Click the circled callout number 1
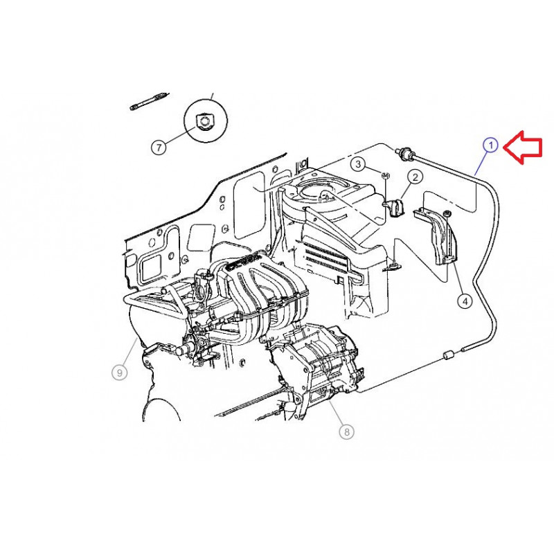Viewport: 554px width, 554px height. coord(490,145)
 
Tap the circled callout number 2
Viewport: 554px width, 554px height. coord(415,177)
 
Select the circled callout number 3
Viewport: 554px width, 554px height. coord(358,163)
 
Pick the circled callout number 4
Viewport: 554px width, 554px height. coord(465,301)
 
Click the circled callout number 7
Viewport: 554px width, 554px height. coord(159,147)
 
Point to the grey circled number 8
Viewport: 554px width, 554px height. coord(347,431)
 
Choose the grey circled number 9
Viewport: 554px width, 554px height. coord(119,373)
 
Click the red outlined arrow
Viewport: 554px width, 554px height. coord(523,147)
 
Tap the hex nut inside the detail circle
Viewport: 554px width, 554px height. coord(204,122)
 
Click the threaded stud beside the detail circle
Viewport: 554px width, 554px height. coord(148,101)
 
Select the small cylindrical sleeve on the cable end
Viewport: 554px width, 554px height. coord(449,355)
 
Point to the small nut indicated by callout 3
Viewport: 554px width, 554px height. coord(386,175)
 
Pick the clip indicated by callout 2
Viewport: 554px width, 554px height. coord(393,207)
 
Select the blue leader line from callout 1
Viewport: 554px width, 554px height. coord(482,163)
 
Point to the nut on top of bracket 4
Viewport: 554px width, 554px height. coord(447,214)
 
